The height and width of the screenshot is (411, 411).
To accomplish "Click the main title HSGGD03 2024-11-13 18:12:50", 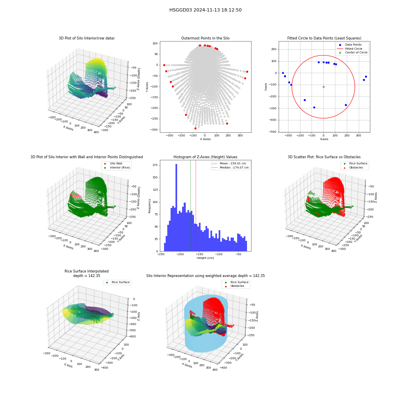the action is (x=205, y=10).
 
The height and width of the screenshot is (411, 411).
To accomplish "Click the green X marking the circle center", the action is (x=323, y=87).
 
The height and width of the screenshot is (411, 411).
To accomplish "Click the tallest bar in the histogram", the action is (x=176, y=208).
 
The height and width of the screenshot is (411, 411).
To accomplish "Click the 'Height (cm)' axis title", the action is (x=205, y=258).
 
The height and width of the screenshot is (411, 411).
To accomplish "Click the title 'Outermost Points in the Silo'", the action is (x=205, y=38).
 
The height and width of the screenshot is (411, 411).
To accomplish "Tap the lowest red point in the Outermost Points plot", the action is (x=195, y=128).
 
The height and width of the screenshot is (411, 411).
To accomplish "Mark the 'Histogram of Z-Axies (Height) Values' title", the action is (x=205, y=157).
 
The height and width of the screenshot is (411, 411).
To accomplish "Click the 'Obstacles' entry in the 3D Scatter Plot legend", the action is (x=356, y=168).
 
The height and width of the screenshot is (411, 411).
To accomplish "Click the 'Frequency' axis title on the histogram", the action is (x=150, y=206).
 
